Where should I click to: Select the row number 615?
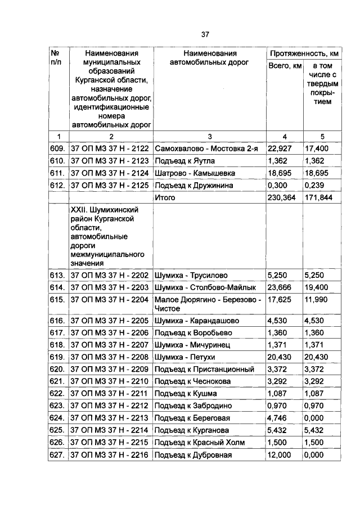58,300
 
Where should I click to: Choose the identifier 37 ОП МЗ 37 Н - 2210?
109,381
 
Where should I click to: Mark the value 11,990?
317,300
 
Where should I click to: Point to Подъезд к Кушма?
184,394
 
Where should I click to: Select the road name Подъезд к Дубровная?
193,455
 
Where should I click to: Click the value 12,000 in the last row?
280,455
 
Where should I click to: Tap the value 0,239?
314,185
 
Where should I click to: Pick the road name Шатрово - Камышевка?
195,173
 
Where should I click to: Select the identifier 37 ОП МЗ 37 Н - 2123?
109,160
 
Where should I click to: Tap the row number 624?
58,418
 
